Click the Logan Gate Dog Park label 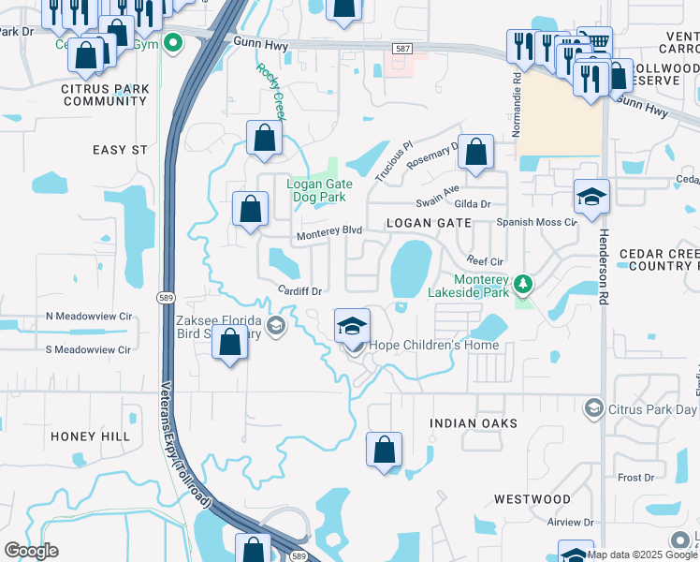tap(316, 191)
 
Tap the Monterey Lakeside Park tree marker tap(524, 281)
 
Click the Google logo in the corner tap(31, 550)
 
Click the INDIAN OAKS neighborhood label tap(473, 424)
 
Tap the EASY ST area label tap(120, 150)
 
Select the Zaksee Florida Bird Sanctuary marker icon tap(275, 326)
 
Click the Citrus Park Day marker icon tap(593, 407)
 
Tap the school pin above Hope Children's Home tap(352, 325)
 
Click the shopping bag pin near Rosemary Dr tap(476, 152)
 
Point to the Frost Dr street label tap(635, 478)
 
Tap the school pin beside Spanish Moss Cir tap(591, 198)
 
